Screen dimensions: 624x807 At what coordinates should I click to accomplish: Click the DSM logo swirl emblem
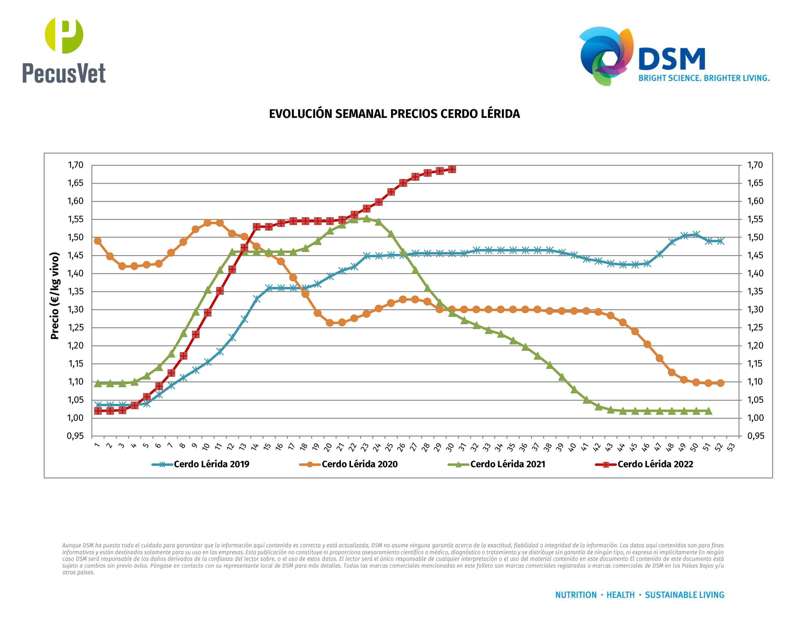coord(606,55)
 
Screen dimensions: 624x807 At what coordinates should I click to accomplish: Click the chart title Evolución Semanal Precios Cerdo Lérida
coord(394,114)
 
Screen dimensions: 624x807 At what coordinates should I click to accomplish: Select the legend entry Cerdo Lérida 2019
coord(211,464)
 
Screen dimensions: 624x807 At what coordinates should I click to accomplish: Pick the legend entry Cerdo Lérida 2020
coord(359,464)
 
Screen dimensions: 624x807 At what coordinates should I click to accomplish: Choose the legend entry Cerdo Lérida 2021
coord(507,464)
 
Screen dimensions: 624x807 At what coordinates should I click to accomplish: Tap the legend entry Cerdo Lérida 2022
coord(655,464)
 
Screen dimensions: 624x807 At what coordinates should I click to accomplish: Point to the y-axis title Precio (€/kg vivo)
coord(55,296)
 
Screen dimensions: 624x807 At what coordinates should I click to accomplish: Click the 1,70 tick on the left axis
coord(76,165)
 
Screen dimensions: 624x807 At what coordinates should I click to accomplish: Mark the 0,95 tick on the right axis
coord(755,436)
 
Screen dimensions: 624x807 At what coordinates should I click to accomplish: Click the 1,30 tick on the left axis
coord(76,310)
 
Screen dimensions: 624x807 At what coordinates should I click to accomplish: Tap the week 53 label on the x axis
coord(731,447)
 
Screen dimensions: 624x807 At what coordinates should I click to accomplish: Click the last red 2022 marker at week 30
coord(452,169)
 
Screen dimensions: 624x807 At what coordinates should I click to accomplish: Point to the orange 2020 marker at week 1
coord(98,241)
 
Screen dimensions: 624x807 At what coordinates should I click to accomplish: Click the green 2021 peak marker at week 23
coord(367,218)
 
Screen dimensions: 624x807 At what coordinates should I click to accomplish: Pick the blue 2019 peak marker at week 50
coord(696,234)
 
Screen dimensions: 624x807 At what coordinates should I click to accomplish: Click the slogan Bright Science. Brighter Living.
coord(704,78)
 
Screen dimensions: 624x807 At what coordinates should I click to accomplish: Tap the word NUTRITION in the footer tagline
coord(576,595)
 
